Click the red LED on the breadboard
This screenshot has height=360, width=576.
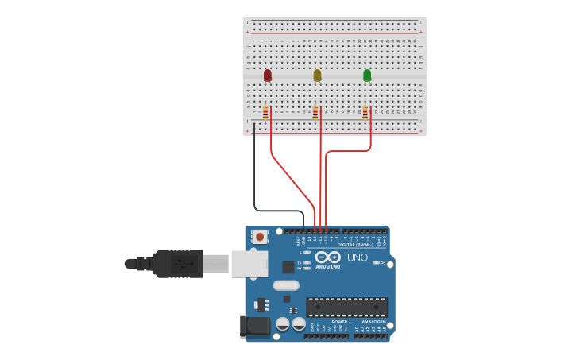click(267, 75)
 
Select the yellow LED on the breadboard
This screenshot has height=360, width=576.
click(317, 75)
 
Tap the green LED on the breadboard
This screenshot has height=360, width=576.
click(367, 75)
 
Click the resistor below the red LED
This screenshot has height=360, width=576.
click(265, 113)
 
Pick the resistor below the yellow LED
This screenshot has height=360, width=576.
click(315, 113)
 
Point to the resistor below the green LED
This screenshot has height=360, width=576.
click(365, 113)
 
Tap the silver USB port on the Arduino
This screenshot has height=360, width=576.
click(249, 263)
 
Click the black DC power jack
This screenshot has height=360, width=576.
click(254, 325)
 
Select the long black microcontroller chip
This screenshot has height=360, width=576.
click(346, 307)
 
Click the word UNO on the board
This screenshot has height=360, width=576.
click(358, 257)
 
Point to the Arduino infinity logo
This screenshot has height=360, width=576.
click(328, 257)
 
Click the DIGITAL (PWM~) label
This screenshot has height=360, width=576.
click(353, 245)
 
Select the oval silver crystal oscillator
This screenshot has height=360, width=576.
click(286, 285)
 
